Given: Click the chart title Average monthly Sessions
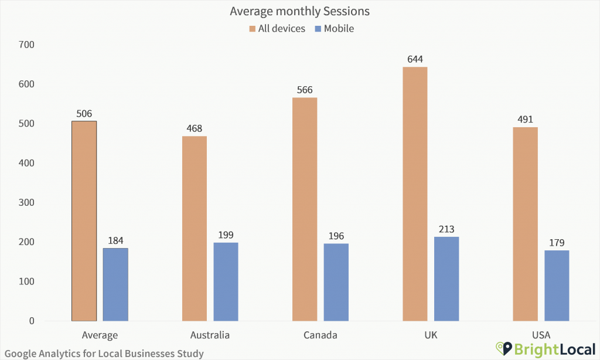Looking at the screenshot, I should pyautogui.click(x=299, y=11).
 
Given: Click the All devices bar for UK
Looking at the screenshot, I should pyautogui.click(x=415, y=193).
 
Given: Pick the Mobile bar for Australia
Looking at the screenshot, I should pyautogui.click(x=226, y=281).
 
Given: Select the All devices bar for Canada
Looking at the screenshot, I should pyautogui.click(x=305, y=209).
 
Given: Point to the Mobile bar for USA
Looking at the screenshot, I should pyautogui.click(x=557, y=286).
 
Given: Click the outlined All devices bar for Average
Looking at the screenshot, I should pyautogui.click(x=84, y=221).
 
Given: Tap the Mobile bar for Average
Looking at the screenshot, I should pyautogui.click(x=115, y=284).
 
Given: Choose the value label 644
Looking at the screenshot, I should pyautogui.click(x=415, y=59).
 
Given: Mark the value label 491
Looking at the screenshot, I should pyautogui.click(x=525, y=120).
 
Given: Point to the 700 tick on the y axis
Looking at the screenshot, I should pyautogui.click(x=26, y=45).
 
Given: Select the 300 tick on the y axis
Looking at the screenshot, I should pyautogui.click(x=26, y=203).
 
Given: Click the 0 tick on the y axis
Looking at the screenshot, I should pyautogui.click(x=32, y=321).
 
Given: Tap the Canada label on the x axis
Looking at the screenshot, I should pyautogui.click(x=321, y=335).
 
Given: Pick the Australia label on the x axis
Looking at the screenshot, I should pyautogui.click(x=210, y=335).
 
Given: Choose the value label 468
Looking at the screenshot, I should pyautogui.click(x=194, y=128).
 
